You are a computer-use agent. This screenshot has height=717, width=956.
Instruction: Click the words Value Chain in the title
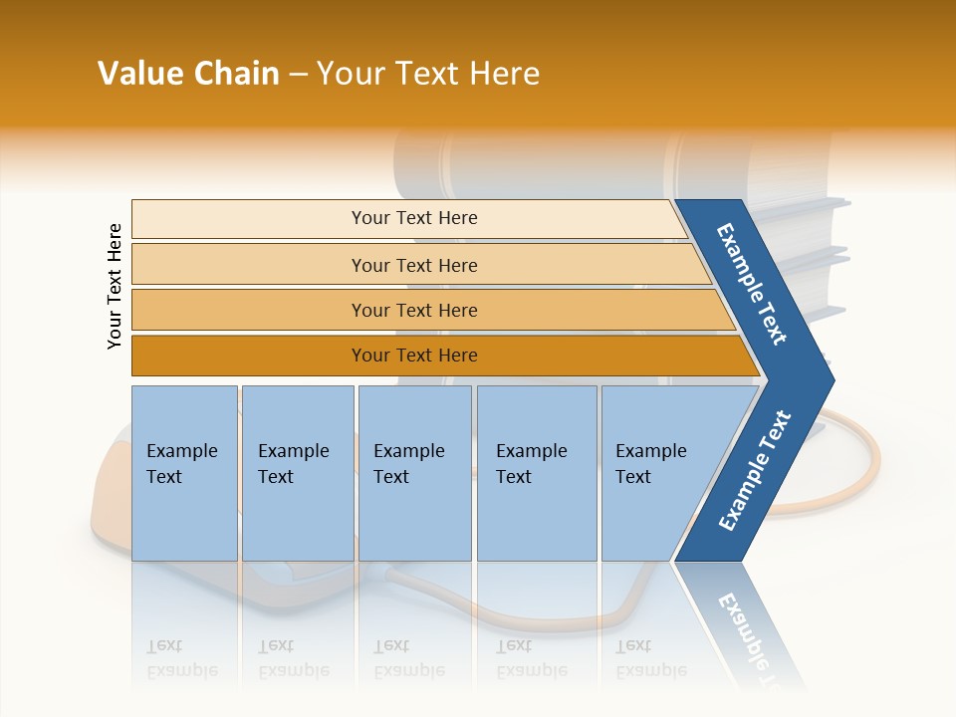pos(188,74)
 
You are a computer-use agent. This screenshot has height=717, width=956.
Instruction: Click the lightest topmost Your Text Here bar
pos(413,218)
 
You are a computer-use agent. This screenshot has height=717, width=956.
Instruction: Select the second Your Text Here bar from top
pos(413,265)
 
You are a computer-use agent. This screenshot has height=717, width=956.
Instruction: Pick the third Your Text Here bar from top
pos(413,310)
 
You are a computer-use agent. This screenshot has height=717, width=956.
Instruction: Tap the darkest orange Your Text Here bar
pos(413,356)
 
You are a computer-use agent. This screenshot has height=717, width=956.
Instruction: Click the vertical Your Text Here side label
pos(115,286)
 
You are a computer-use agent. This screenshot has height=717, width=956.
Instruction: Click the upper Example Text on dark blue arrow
pos(753,284)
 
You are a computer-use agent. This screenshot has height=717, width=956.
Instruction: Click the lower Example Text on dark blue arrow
pos(755,470)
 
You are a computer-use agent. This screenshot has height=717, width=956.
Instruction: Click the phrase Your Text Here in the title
pos(428,74)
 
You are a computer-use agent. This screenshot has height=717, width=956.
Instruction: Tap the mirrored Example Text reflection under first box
pos(182,658)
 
